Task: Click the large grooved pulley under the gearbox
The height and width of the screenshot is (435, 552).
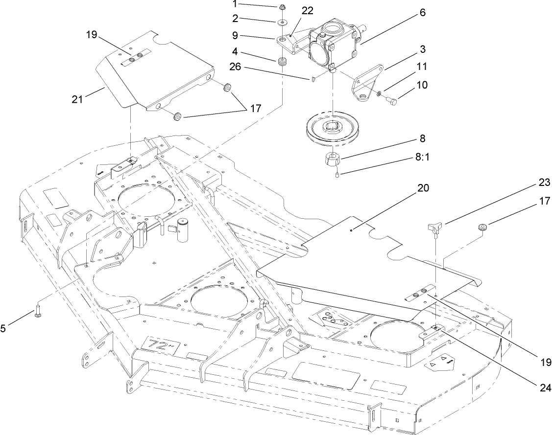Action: coord(332,128)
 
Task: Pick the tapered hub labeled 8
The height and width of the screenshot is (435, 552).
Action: coord(333,160)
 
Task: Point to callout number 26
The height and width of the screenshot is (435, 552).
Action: coord(235,67)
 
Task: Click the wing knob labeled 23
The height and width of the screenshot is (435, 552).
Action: coord(434,227)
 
